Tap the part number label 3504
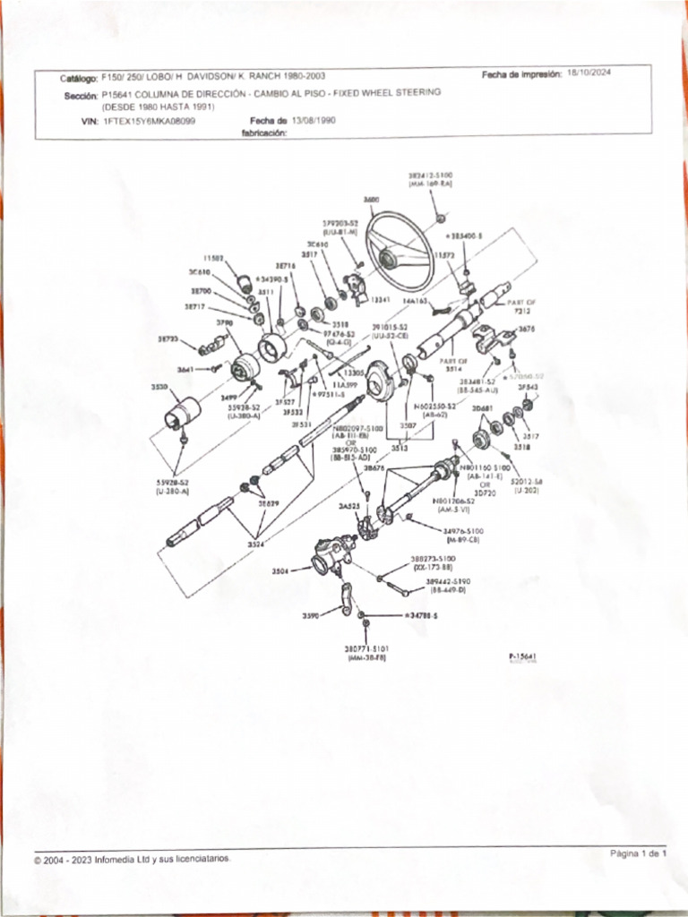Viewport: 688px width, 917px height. pyautogui.click(x=280, y=570)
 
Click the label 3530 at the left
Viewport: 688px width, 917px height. pyautogui.click(x=158, y=387)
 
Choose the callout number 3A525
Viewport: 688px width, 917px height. pyautogui.click(x=348, y=506)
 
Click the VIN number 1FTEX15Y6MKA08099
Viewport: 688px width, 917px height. pyautogui.click(x=150, y=120)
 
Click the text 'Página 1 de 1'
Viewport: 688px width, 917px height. pyautogui.click(x=639, y=853)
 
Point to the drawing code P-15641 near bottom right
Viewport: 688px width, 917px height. pyautogui.click(x=522, y=656)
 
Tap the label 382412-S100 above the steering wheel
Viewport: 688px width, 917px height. pyautogui.click(x=431, y=176)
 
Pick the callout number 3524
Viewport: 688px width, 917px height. pyautogui.click(x=256, y=543)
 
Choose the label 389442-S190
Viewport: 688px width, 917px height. pyautogui.click(x=449, y=580)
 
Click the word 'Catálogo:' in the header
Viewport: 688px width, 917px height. pyautogui.click(x=79, y=78)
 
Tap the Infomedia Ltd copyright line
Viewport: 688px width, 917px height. pyautogui.click(x=132, y=859)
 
